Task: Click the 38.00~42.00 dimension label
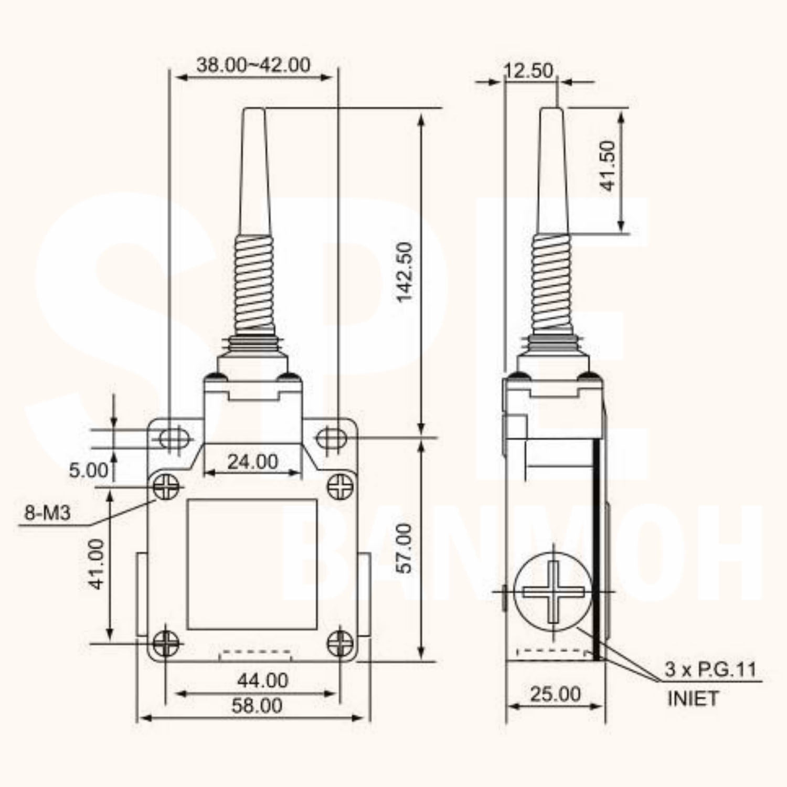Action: [253, 65]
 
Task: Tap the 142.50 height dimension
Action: [405, 272]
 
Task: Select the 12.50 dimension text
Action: [528, 70]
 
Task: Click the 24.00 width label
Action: [252, 462]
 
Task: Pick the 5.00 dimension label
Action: [89, 470]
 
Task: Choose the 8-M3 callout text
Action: [47, 512]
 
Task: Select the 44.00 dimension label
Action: [262, 680]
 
